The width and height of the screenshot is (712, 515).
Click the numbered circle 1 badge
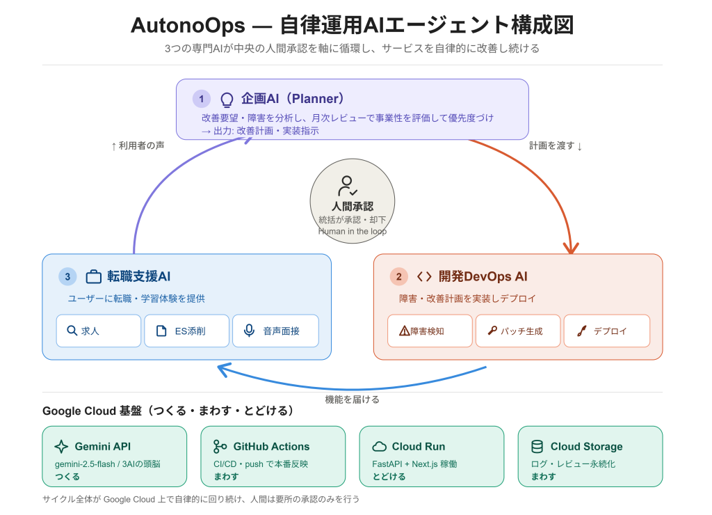pos(202,99)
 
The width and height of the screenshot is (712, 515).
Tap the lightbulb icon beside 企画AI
pos(227,100)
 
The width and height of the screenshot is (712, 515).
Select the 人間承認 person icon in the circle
pos(348,186)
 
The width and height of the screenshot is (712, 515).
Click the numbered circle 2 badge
pos(398,276)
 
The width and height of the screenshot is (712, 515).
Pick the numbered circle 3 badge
pos(67,276)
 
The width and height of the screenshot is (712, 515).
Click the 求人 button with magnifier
pos(99,331)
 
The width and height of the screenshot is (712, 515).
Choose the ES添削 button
pos(186,331)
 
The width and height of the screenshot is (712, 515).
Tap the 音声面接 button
pos(275,331)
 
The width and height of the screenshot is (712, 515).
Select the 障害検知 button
pos(430,331)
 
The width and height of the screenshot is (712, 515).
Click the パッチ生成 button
pos(518,331)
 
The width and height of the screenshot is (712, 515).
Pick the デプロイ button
pos(607,331)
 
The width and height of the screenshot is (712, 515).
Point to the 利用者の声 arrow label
pos(138,146)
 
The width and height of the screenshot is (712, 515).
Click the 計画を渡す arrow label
pos(556,146)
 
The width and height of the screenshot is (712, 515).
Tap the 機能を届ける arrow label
pos(353,399)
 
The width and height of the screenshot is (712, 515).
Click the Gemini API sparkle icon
pos(61,447)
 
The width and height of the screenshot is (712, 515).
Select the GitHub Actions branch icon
pos(220,447)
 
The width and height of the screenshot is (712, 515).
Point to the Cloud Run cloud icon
pos(379,447)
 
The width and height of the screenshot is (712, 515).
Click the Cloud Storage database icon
pos(537,447)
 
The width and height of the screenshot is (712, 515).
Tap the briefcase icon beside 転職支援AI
pos(94,276)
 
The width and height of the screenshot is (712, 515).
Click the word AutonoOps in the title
pos(188,25)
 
